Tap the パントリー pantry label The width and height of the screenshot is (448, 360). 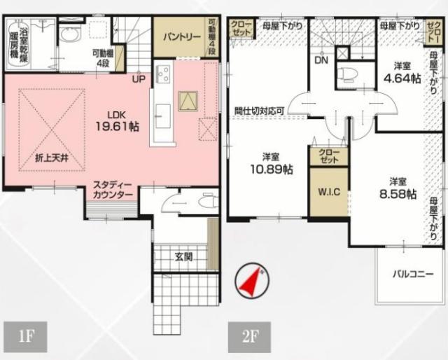click(181, 36)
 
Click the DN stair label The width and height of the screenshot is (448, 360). click(321, 61)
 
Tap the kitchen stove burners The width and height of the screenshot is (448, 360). click(164, 71)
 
